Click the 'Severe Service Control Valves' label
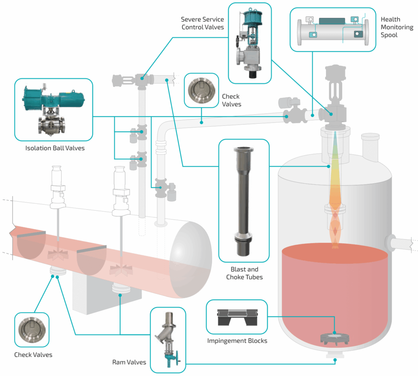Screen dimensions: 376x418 (202, 23)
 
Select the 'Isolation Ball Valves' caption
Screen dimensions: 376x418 (55, 148)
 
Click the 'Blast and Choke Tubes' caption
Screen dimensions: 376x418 (244, 274)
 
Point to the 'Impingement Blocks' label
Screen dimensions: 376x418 (237, 341)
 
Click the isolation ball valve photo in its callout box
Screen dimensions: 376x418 (53, 109)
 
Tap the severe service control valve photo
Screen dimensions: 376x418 (249, 45)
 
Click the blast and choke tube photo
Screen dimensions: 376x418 (244, 200)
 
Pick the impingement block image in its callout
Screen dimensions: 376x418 (237, 317)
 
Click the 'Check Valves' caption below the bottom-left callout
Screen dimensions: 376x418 (33, 355)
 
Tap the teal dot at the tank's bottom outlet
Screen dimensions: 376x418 (335, 360)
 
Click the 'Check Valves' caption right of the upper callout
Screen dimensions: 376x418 (231, 100)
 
